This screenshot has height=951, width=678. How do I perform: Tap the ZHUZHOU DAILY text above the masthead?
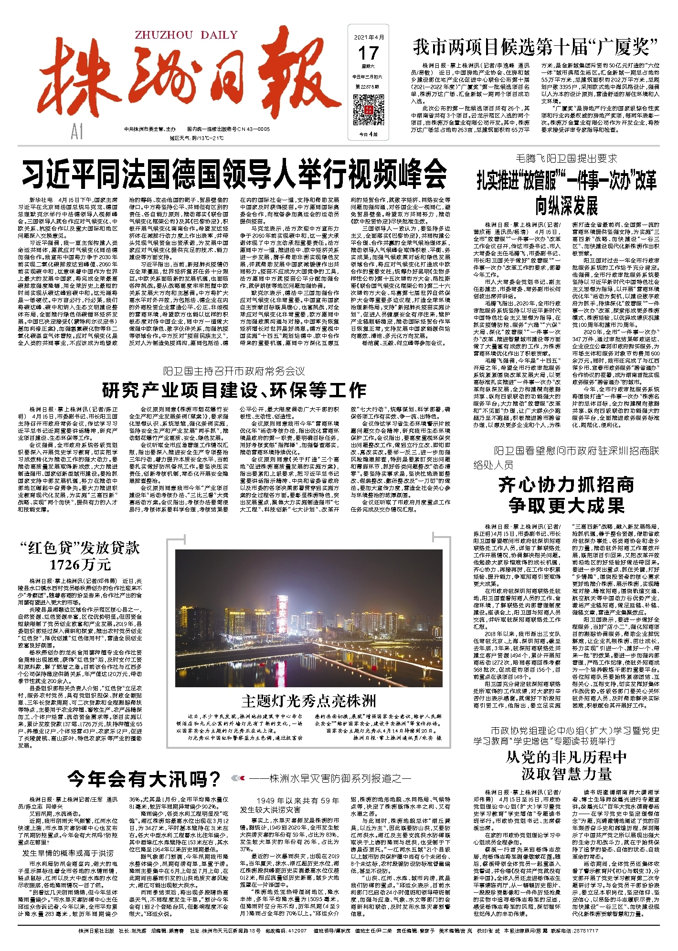[x=186, y=35]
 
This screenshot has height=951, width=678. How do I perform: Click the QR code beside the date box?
[x=368, y=110]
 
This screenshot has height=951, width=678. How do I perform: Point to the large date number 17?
[x=368, y=53]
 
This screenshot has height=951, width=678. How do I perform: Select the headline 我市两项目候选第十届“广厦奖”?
[x=535, y=47]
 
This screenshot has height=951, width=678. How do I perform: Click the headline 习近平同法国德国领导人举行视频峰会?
[x=234, y=175]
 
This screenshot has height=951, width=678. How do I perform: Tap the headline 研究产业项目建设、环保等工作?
[x=234, y=390]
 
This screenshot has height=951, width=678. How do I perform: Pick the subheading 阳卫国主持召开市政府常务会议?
[x=233, y=371]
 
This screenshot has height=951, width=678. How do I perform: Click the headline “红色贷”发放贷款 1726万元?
[x=80, y=556]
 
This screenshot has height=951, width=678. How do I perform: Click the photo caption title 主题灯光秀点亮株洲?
[x=308, y=701]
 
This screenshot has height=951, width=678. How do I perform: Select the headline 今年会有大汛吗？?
[x=144, y=779]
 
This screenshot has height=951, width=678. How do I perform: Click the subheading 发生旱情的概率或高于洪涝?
[x=68, y=853]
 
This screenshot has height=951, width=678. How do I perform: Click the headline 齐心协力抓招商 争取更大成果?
[x=566, y=495]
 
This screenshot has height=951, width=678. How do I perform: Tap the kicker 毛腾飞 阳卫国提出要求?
[x=566, y=158]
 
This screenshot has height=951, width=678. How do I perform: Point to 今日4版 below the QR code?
[x=368, y=134]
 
